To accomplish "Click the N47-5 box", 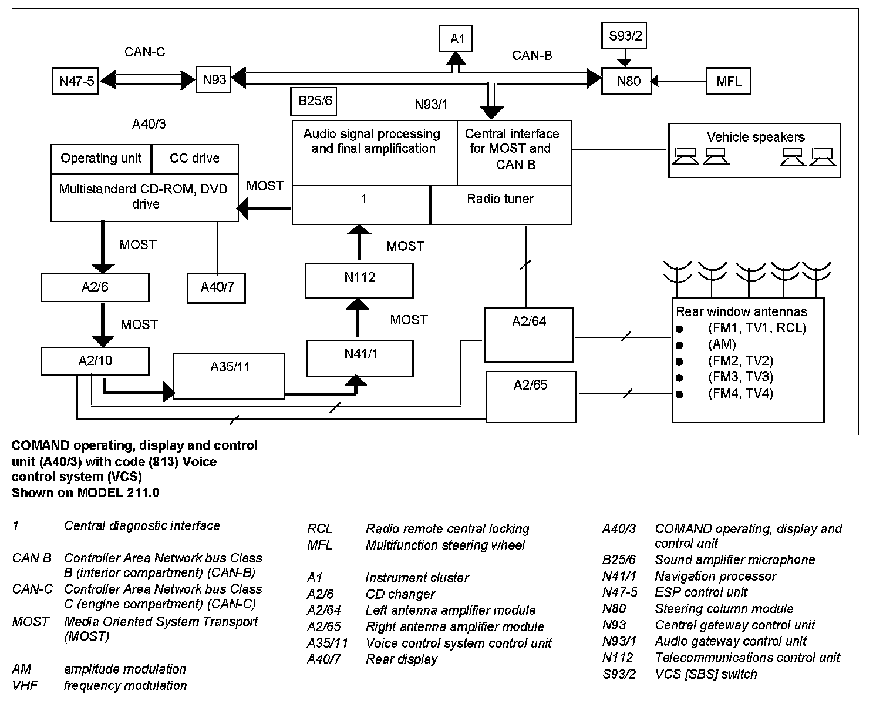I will click(x=76, y=81).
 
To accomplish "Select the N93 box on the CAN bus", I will click(x=214, y=79).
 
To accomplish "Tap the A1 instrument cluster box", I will click(x=456, y=39).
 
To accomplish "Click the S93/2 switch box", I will click(x=625, y=36).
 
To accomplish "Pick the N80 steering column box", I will click(x=628, y=81).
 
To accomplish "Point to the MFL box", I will click(x=728, y=81).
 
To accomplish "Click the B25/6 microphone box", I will click(x=314, y=101).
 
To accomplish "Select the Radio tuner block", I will click(x=500, y=205).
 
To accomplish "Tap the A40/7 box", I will click(x=217, y=287).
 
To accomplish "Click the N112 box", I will click(x=359, y=280).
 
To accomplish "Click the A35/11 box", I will click(x=229, y=376).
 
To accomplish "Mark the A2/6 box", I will click(x=95, y=287).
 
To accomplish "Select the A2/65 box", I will click(x=531, y=396).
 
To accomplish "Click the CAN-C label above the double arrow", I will click(x=144, y=52).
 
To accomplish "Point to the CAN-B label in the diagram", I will click(x=532, y=55).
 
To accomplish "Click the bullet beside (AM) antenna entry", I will click(x=679, y=345).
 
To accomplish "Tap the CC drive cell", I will click(x=194, y=158).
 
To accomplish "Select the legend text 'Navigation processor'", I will click(x=715, y=576).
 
